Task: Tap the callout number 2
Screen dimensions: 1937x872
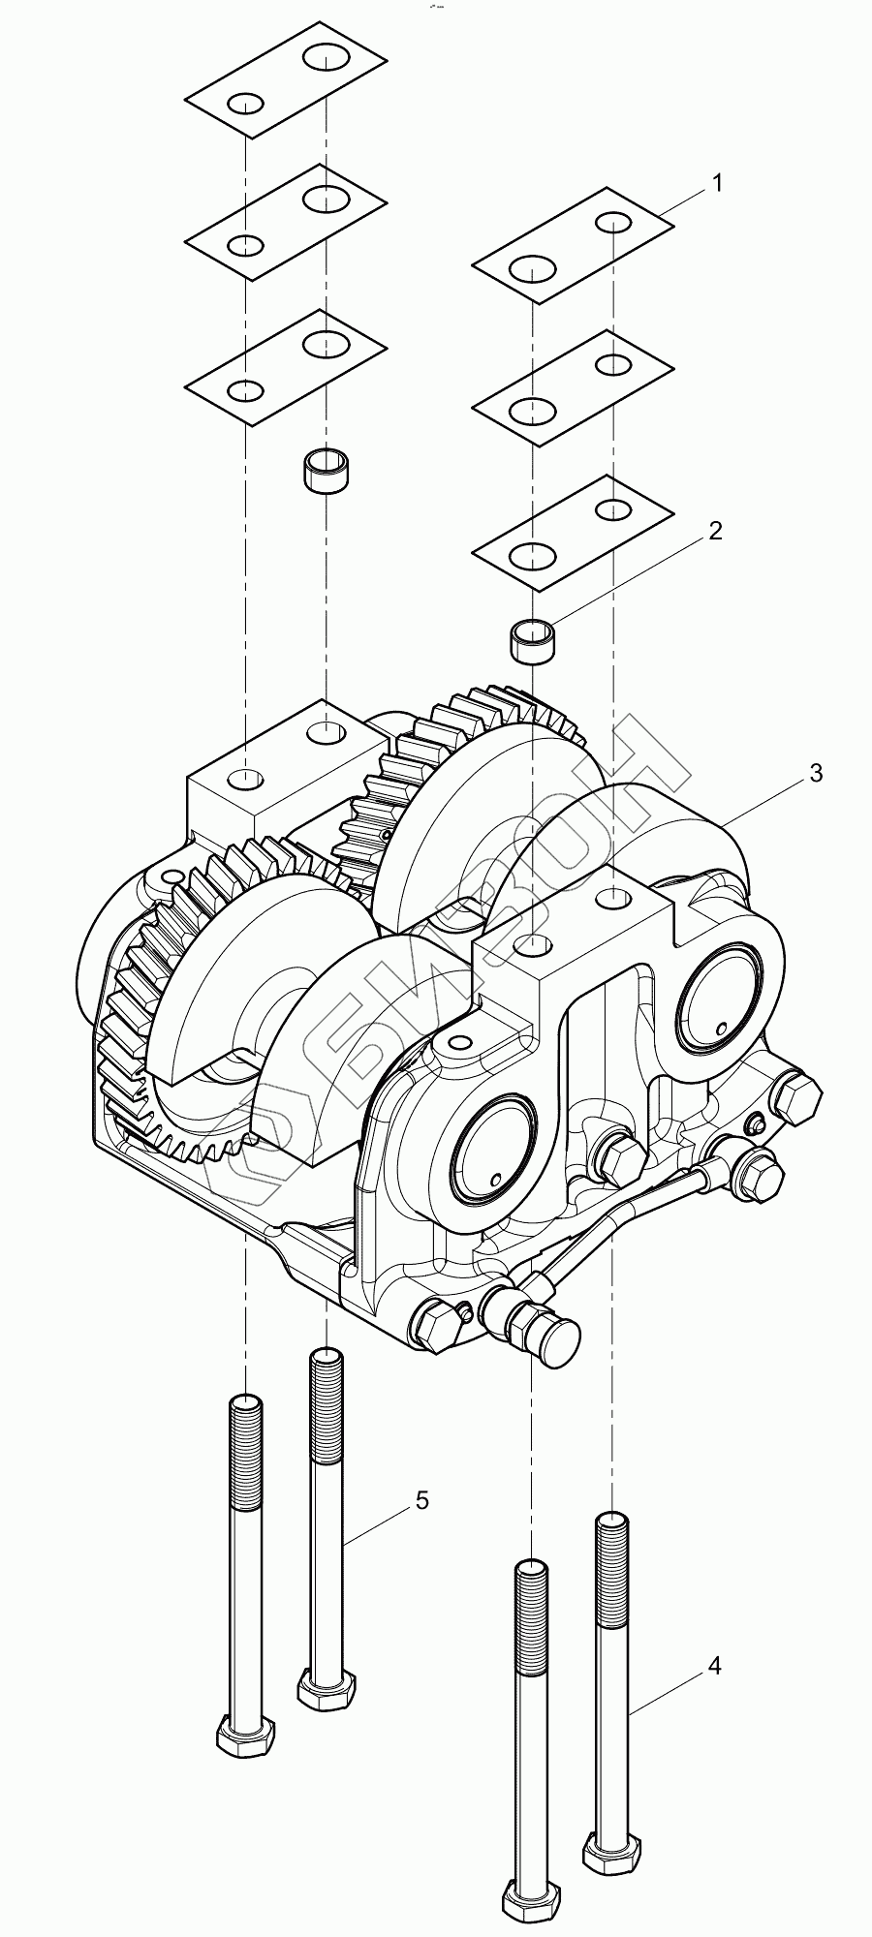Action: click(x=715, y=531)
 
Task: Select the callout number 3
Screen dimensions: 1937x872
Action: click(x=816, y=773)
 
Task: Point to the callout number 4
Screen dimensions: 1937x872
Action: click(x=714, y=1666)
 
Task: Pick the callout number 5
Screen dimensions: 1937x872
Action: click(x=421, y=1500)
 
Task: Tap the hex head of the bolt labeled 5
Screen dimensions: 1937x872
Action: click(x=327, y=1690)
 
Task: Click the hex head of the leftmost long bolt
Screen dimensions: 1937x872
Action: click(x=245, y=1734)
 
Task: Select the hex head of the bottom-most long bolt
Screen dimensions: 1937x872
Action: click(x=530, y=1900)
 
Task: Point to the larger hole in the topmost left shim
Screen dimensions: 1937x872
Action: click(x=327, y=56)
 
